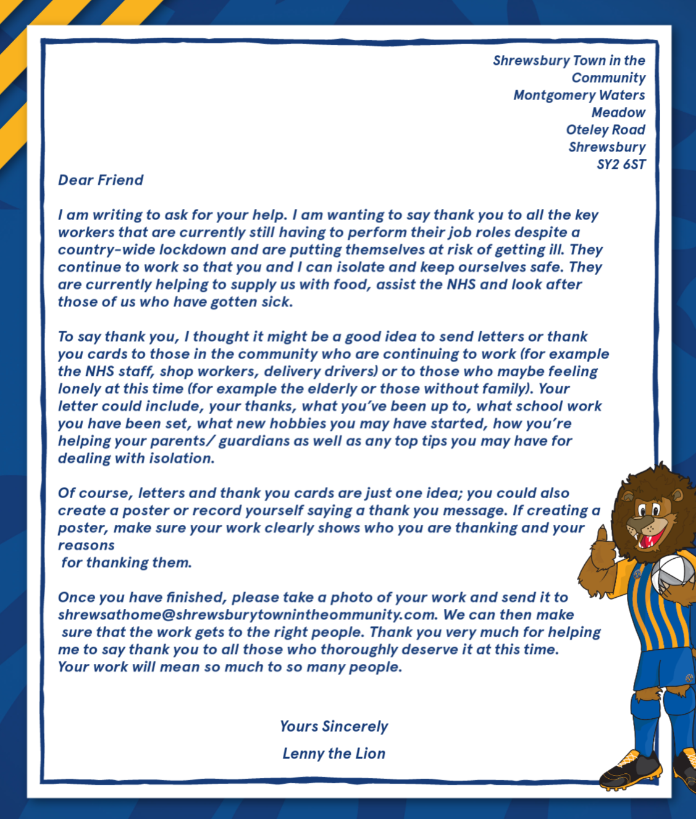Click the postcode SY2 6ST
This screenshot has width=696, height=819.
pos(621,164)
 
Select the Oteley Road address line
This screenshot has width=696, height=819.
pos(605,130)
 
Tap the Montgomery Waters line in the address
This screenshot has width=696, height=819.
pos(579,95)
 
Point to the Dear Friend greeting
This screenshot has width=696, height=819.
pos(101,180)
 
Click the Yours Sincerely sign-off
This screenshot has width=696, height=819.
pos(333,726)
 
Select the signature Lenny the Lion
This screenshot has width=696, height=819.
pos(333,753)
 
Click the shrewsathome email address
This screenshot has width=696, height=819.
pos(248,615)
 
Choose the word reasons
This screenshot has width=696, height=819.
pos(86,545)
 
